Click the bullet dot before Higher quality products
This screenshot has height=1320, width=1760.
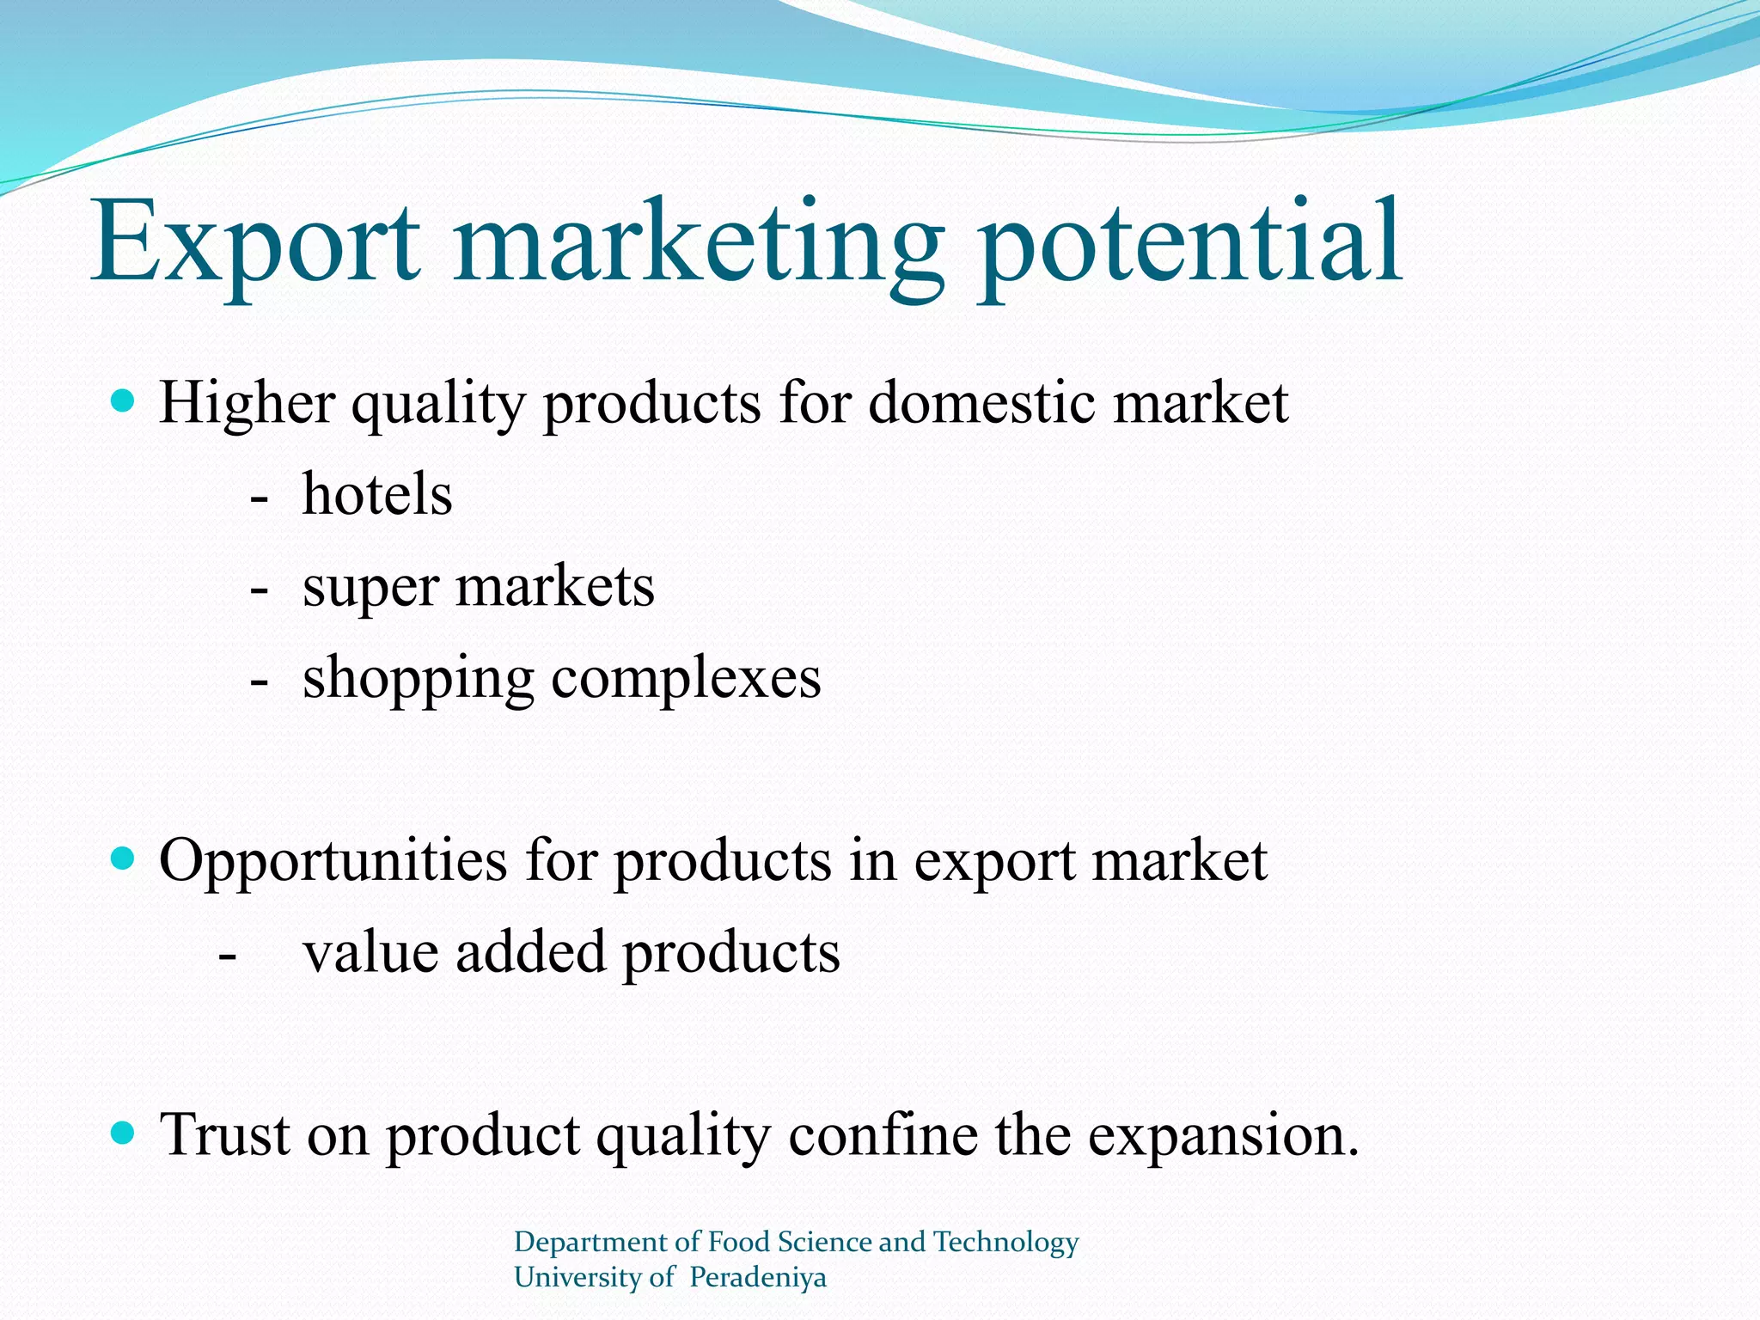pos(124,400)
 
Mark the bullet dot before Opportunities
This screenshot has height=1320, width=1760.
pos(124,858)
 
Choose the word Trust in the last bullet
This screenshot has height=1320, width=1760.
pos(225,1134)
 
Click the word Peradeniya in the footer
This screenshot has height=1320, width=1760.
pos(757,1277)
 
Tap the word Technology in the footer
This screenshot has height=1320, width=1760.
pos(1005,1243)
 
